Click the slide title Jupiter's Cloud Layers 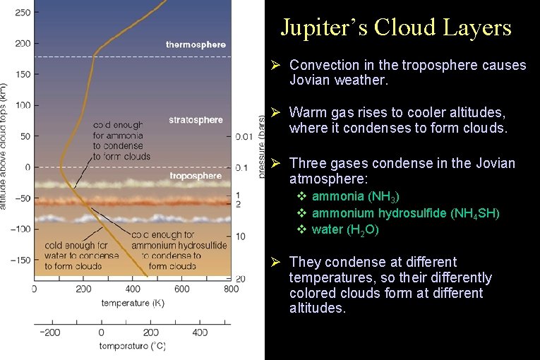point(395,27)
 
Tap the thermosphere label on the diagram point(196,44)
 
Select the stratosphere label point(196,120)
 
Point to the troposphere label point(196,176)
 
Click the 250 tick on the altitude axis point(22,13)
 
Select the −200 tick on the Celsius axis point(49,332)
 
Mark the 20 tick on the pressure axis point(241,280)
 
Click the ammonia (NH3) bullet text point(356,196)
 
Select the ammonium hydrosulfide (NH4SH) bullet point(405,212)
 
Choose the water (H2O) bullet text point(345,229)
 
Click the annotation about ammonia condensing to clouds point(121,140)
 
